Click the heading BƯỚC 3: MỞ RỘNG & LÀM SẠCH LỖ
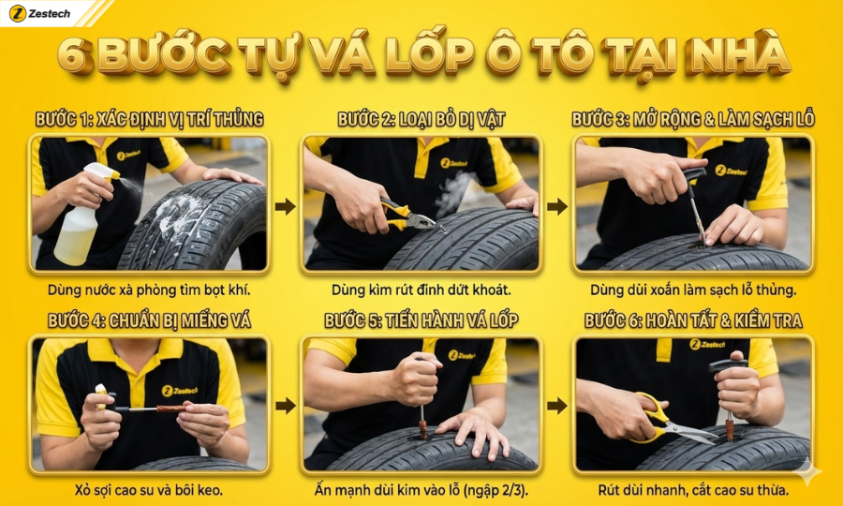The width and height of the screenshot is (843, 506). point(693,120)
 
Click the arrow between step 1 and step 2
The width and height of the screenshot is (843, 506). point(285,205)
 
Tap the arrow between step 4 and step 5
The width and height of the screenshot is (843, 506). point(285,406)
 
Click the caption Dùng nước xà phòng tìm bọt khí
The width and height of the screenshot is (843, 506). point(149,290)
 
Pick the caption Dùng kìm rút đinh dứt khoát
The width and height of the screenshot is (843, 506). point(421,290)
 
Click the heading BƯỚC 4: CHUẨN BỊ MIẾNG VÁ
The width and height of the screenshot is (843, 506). point(149,321)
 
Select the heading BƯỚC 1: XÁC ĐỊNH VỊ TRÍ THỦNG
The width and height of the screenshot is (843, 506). point(149,120)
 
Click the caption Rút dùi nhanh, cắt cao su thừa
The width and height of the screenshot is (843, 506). point(694,490)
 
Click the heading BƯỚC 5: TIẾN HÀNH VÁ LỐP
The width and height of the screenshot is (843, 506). point(421,321)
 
